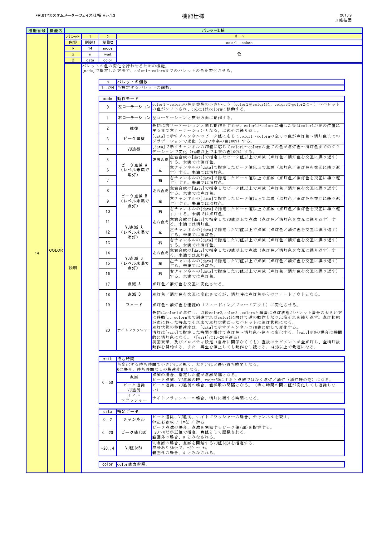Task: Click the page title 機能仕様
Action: click(x=193, y=16)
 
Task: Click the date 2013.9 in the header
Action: click(x=345, y=15)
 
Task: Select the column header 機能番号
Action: click(x=37, y=31)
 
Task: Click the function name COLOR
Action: click(x=56, y=250)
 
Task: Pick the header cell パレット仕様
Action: click(x=213, y=31)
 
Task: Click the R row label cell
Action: click(x=73, y=48)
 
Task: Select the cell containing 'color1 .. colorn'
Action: click(x=239, y=43)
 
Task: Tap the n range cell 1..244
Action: click(x=107, y=88)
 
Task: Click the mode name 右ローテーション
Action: click(x=134, y=118)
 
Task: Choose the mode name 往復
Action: click(x=134, y=128)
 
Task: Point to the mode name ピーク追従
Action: click(x=134, y=139)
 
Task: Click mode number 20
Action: click(x=108, y=330)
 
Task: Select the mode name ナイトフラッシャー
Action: click(x=134, y=330)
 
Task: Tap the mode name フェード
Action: click(x=134, y=305)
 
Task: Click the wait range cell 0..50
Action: click(x=107, y=382)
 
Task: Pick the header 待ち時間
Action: click(x=126, y=359)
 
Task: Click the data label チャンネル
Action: click(x=134, y=419)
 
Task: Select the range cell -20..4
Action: click(x=107, y=448)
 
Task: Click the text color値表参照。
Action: click(x=132, y=464)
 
